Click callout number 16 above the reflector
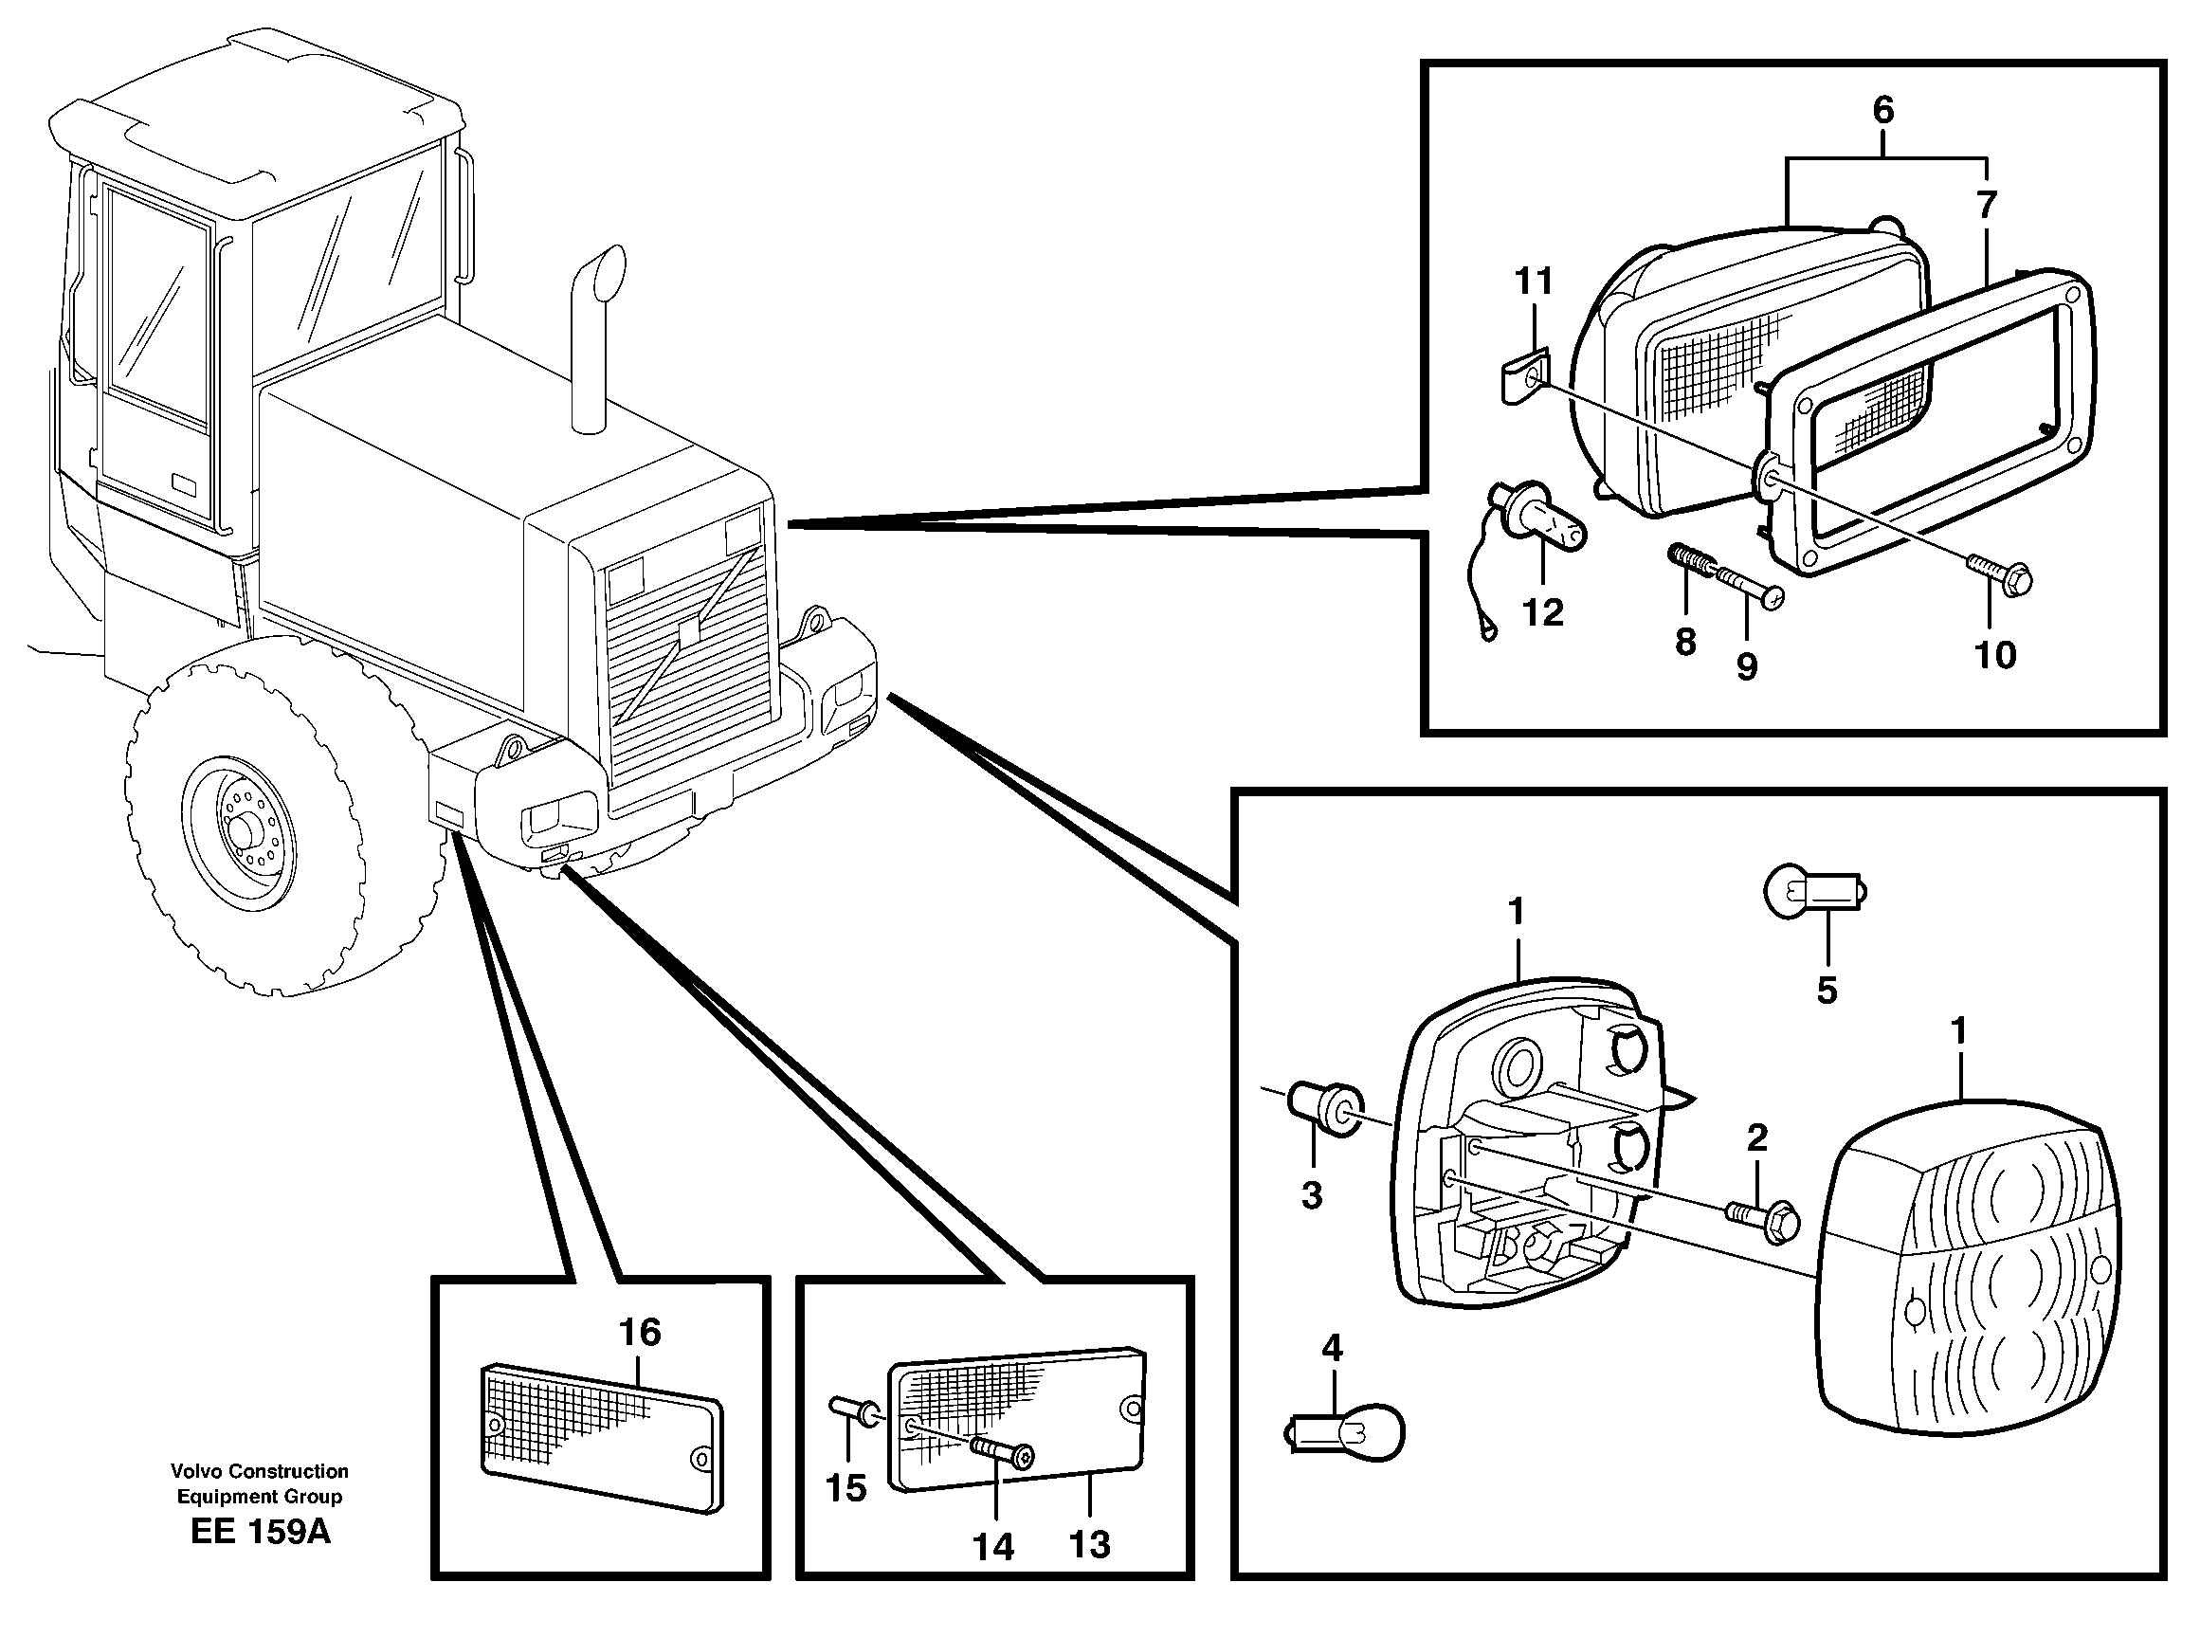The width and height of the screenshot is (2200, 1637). (639, 1333)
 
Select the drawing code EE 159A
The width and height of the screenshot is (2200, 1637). (260, 1532)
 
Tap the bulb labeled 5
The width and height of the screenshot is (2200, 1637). (1814, 891)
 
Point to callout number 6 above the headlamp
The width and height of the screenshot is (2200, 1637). (1882, 111)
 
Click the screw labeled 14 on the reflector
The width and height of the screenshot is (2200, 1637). (1002, 1454)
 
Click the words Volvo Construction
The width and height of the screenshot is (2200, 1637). (259, 1471)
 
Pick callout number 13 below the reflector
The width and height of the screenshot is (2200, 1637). (1090, 1545)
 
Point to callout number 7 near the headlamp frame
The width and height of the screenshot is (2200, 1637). (1986, 205)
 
